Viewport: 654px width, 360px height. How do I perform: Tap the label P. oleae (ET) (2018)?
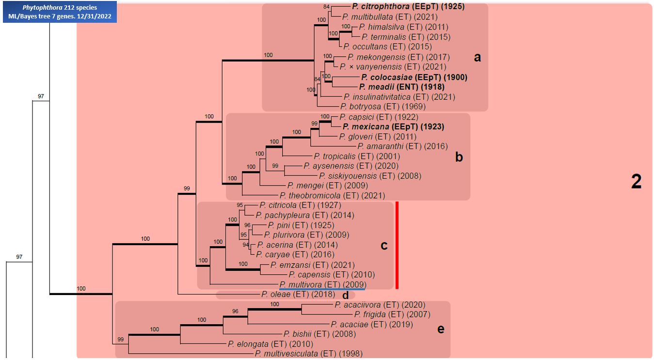[298, 294]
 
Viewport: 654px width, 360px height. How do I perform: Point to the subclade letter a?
[477, 58]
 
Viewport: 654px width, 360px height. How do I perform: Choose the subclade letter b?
[459, 157]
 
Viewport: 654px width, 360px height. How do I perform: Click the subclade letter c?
[383, 246]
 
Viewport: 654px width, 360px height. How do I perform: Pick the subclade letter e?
[441, 329]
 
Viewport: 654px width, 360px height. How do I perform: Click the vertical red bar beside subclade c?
[397, 245]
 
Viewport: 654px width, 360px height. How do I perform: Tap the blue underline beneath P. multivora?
[322, 289]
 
